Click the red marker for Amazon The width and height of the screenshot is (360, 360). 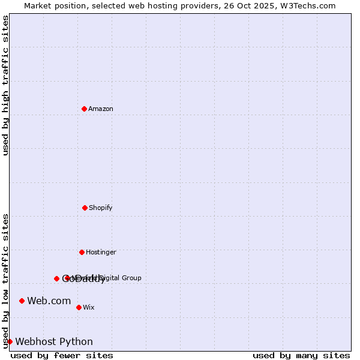point(84,109)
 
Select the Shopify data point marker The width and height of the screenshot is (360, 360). point(85,208)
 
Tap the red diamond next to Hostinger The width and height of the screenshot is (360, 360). point(82,252)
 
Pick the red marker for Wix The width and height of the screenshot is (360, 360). point(79,307)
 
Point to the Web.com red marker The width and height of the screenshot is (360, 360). point(22,301)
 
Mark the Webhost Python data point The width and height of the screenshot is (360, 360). point(10,341)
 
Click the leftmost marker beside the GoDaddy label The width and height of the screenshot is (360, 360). point(56,278)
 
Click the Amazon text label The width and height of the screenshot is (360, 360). point(101,109)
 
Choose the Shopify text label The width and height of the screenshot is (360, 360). point(101,208)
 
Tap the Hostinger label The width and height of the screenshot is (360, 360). point(101,252)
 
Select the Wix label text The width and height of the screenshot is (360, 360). point(89,307)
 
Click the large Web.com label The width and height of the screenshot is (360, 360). point(49,301)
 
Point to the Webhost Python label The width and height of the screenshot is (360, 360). point(54,341)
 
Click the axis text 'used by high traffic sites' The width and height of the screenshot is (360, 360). point(5,85)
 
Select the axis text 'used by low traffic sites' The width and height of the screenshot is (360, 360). point(5,280)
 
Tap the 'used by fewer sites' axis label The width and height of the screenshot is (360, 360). point(62,355)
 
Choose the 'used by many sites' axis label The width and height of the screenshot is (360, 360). point(301,355)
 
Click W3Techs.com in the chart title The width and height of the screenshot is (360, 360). point(310,5)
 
